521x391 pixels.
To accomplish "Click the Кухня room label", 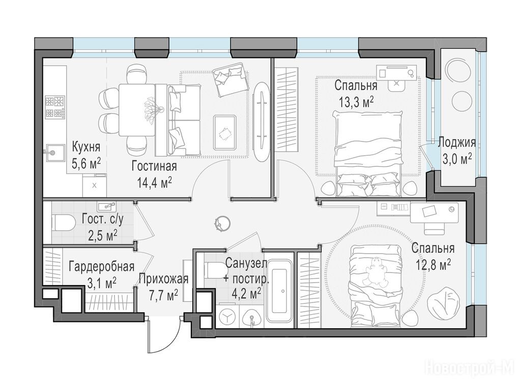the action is [86, 147].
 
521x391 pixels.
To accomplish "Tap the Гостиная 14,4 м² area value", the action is [155, 182].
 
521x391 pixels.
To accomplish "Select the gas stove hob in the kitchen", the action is [55, 107].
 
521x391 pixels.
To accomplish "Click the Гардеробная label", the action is [102, 267].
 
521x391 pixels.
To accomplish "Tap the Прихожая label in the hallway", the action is [163, 279].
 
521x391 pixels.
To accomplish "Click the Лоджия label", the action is [457, 143].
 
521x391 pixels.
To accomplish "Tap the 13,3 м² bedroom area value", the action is [356, 102].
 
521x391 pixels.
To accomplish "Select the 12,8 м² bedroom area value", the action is [433, 265].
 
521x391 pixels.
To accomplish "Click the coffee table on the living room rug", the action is [225, 132].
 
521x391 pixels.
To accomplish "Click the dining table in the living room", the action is [137, 110].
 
